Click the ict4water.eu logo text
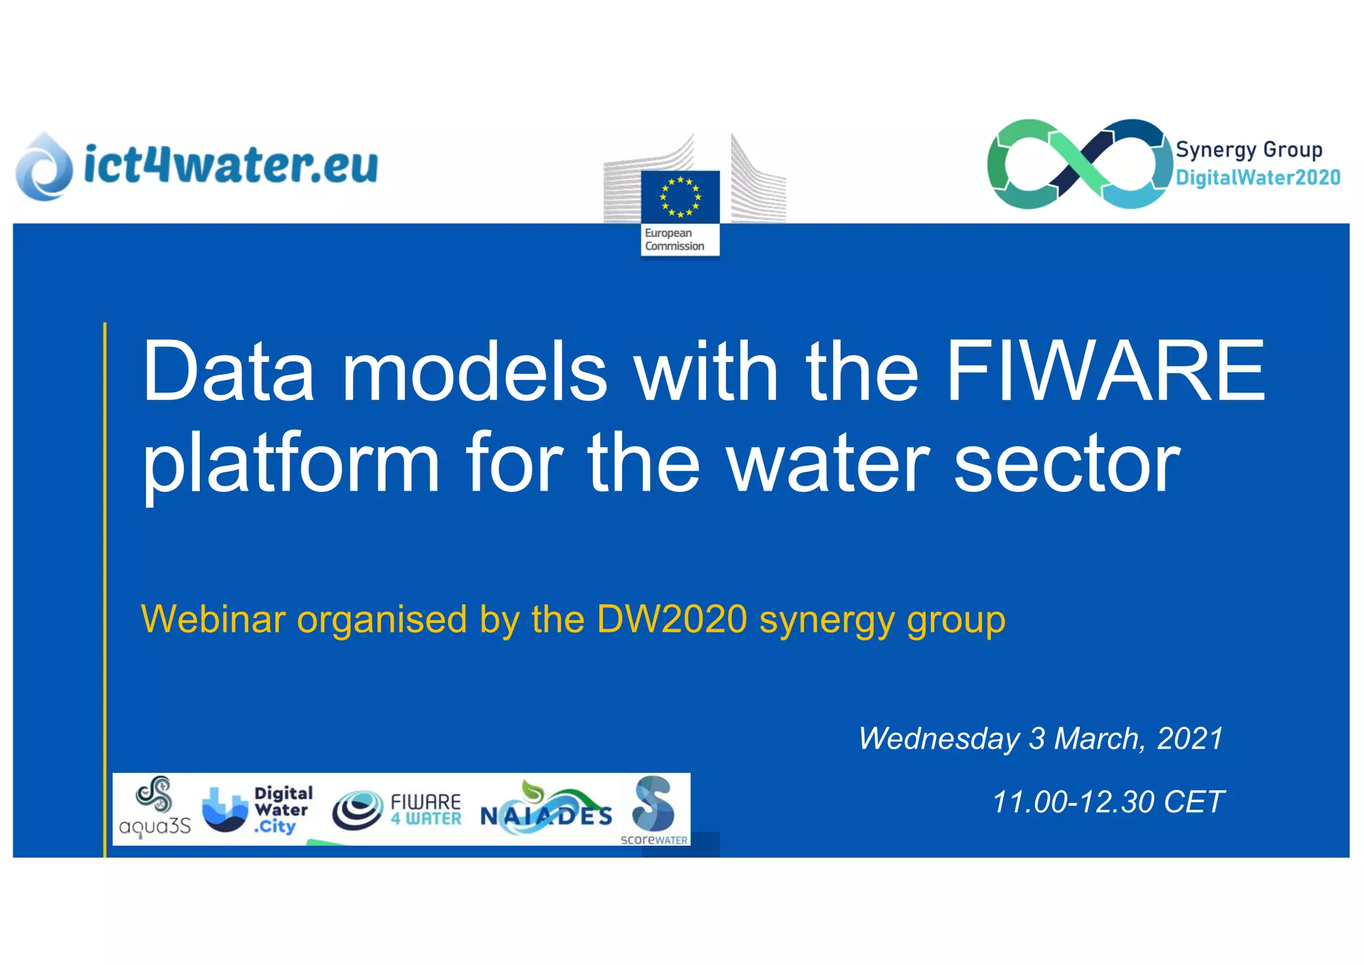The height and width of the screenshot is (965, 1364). pyautogui.click(x=230, y=164)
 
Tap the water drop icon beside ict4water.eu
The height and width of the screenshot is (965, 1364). pyautogui.click(x=44, y=167)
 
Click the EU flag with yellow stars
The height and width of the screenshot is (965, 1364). pyautogui.click(x=680, y=197)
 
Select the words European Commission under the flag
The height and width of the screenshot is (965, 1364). pyautogui.click(x=674, y=240)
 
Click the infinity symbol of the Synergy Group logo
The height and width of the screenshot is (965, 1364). pyautogui.click(x=1079, y=164)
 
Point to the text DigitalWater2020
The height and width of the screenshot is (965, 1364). pyautogui.click(x=1257, y=178)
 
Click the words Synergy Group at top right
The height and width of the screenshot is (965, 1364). pyautogui.click(x=1249, y=149)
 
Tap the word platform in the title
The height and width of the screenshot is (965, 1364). pyautogui.click(x=290, y=463)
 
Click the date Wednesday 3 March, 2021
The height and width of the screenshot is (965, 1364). pyautogui.click(x=1040, y=738)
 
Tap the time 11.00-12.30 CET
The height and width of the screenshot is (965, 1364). pyautogui.click(x=1108, y=802)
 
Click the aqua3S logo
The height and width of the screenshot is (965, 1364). pyautogui.click(x=155, y=808)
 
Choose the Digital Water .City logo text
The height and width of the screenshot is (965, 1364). pyautogui.click(x=282, y=810)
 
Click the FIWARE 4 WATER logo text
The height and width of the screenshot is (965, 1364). pyautogui.click(x=426, y=810)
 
